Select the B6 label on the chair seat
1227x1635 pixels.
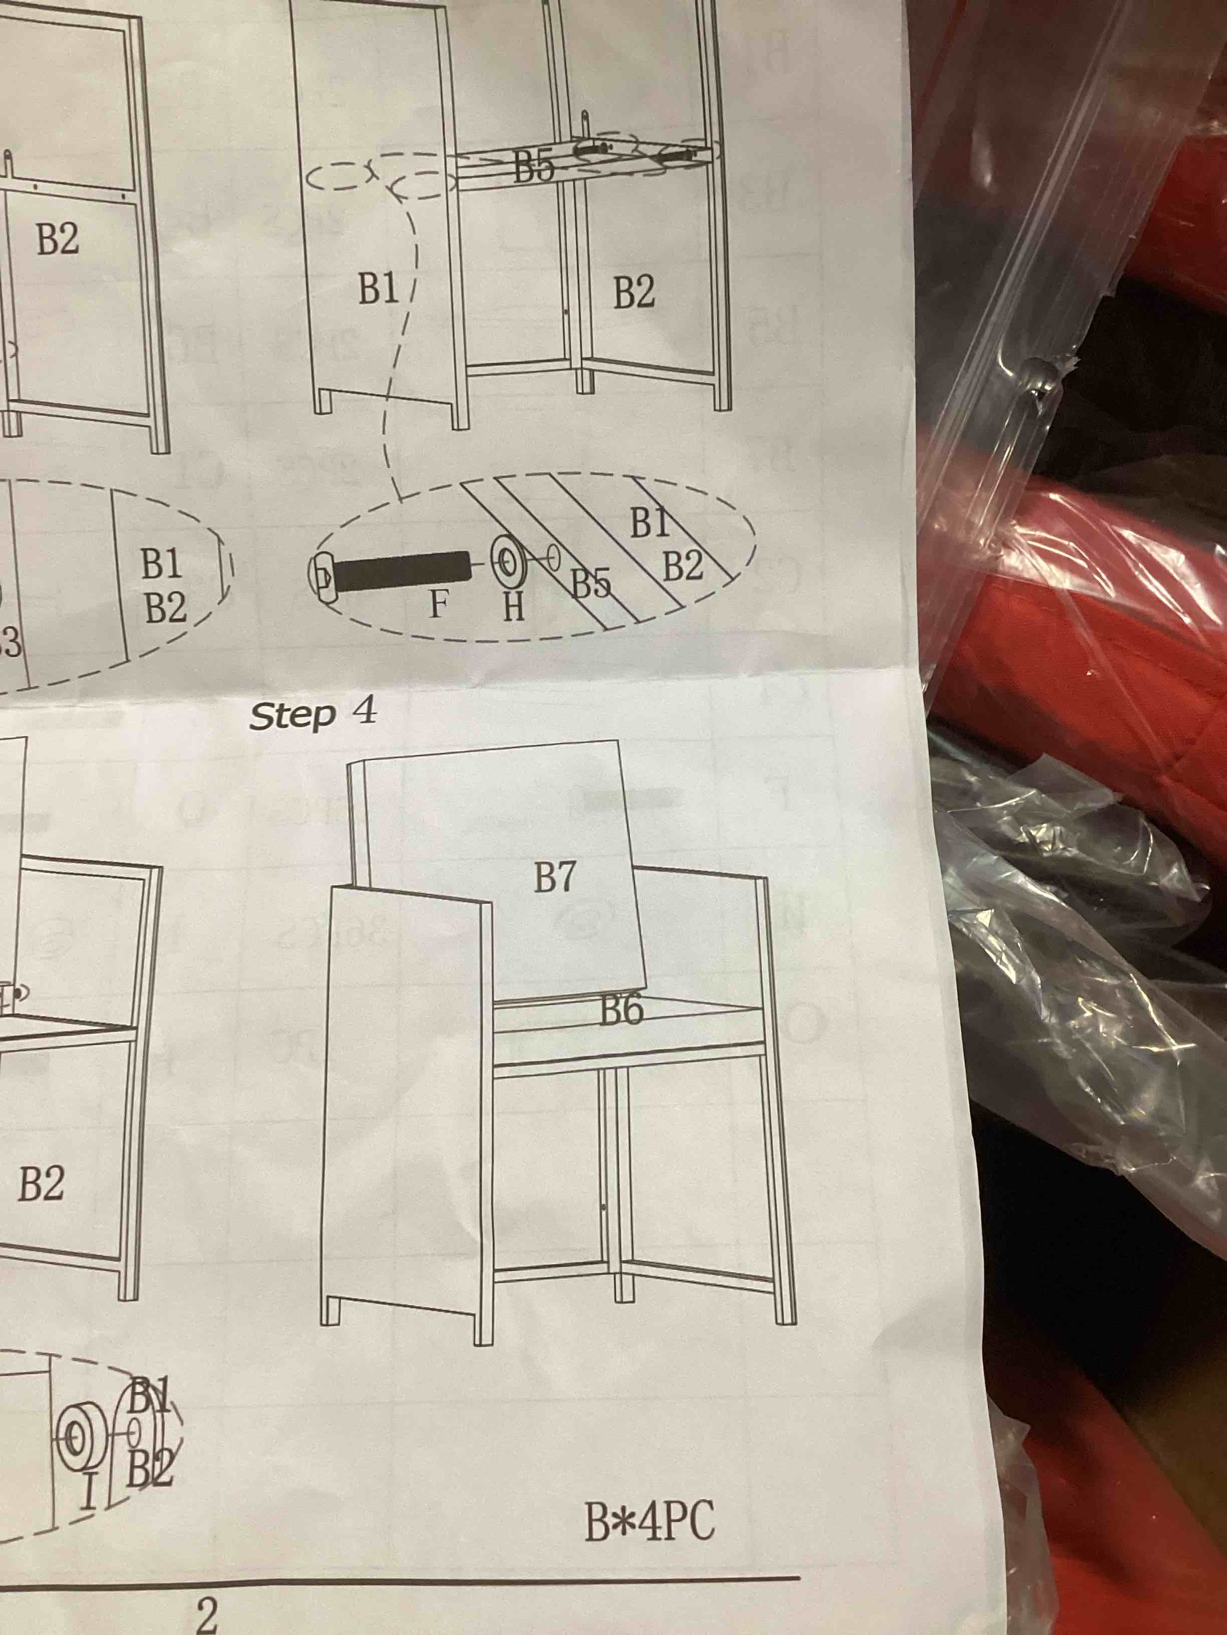pyautogui.click(x=621, y=1010)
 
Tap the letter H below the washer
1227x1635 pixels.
pyautogui.click(x=513, y=608)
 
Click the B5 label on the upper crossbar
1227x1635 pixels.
pyautogui.click(x=534, y=168)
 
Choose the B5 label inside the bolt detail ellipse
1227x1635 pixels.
pyautogui.click(x=591, y=585)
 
